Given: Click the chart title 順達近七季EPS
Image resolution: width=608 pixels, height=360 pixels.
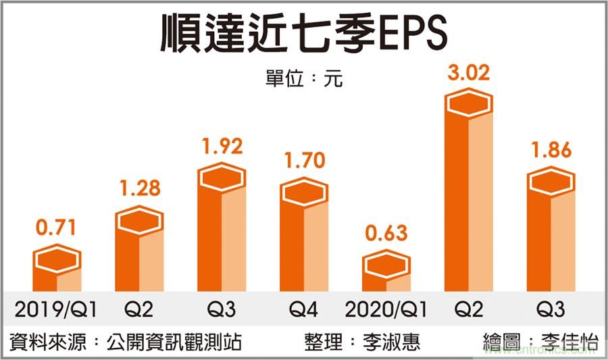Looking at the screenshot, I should (304, 34).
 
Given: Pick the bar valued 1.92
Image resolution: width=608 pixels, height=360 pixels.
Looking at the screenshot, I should (222, 230).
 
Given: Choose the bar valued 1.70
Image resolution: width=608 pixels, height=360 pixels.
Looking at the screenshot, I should (304, 236).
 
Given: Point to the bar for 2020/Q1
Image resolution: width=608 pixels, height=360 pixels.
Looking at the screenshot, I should (386, 274).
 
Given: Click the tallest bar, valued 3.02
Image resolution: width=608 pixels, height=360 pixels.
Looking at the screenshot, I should (468, 196).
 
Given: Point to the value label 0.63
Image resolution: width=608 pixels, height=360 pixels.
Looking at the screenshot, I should (386, 234).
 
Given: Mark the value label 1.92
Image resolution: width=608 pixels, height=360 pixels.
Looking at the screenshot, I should (222, 147).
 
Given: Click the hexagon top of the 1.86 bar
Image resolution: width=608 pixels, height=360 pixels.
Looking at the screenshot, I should (551, 181).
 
